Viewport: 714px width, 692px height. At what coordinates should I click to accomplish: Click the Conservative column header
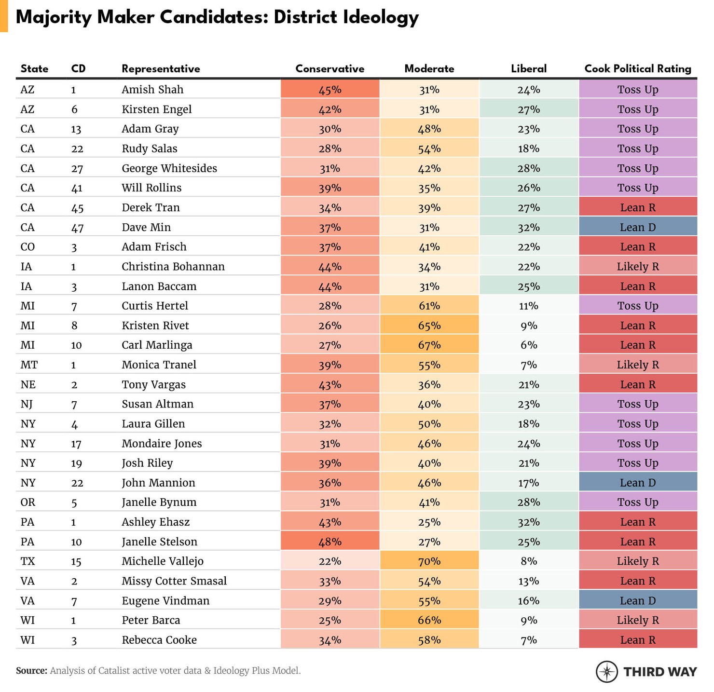click(330, 69)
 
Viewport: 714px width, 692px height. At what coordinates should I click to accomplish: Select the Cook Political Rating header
click(637, 69)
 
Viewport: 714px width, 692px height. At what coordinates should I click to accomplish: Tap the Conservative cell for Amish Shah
click(330, 90)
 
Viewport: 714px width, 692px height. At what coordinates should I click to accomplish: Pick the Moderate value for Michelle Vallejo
click(429, 561)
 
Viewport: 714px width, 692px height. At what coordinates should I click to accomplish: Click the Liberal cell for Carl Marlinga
click(528, 345)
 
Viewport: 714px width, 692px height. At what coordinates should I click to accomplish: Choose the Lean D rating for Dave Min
click(637, 227)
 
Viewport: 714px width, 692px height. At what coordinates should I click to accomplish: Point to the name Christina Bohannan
click(173, 267)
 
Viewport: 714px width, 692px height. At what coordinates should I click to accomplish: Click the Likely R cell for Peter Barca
click(637, 620)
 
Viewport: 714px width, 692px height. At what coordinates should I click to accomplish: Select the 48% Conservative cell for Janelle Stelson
click(330, 542)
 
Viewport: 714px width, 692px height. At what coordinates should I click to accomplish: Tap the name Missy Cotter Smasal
click(174, 581)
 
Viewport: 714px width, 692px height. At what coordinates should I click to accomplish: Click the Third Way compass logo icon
click(606, 671)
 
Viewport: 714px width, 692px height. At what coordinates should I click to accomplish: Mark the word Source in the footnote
click(31, 671)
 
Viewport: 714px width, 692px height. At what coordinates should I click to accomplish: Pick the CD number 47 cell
click(77, 228)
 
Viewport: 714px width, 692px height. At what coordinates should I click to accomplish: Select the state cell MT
click(29, 365)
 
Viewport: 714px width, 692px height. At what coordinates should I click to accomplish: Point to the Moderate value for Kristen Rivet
click(429, 326)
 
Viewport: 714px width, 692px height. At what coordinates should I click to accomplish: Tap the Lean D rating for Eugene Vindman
click(637, 601)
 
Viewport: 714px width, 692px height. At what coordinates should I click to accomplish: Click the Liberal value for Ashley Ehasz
click(528, 522)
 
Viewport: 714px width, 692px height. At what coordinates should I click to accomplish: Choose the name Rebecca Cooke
click(159, 640)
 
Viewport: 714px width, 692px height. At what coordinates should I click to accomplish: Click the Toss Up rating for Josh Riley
click(637, 463)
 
